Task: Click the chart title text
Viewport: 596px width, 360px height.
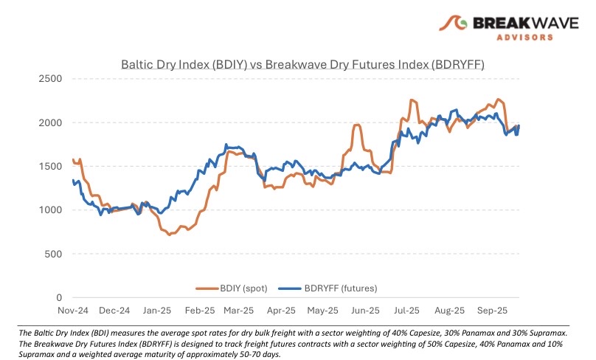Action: [x=302, y=64]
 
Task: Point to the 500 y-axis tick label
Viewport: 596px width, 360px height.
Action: [x=54, y=255]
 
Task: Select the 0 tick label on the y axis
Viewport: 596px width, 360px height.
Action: [x=60, y=298]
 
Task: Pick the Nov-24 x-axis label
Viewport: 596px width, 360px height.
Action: [x=72, y=311]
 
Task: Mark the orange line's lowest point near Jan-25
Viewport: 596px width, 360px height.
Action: [x=170, y=235]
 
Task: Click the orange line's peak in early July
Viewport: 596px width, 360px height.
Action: [x=412, y=100]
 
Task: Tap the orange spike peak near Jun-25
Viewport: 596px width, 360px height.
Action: [x=357, y=125]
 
